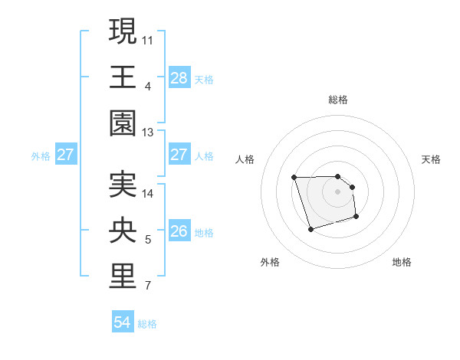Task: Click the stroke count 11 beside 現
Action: [x=148, y=39]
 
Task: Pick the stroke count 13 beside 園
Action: [x=148, y=132]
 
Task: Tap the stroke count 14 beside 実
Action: [x=148, y=193]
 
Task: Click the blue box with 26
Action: [x=179, y=231]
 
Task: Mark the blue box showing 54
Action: [x=123, y=322]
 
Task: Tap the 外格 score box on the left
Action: [x=65, y=154]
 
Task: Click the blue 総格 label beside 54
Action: [x=148, y=324]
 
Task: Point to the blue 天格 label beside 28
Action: [x=205, y=79]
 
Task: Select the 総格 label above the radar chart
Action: [x=338, y=100]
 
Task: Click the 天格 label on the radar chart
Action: [x=432, y=159]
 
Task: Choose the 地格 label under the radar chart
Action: [x=402, y=262]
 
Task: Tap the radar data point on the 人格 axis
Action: [x=294, y=178]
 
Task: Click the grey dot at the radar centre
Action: [x=338, y=191]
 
